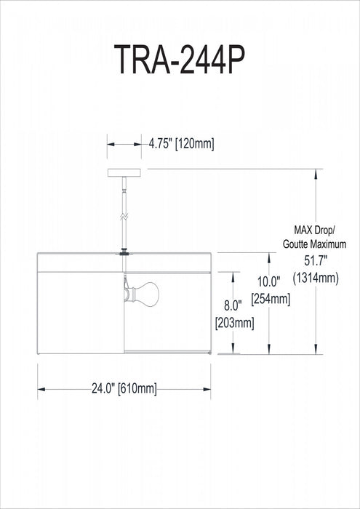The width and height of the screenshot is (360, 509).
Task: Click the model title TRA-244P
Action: pos(180,62)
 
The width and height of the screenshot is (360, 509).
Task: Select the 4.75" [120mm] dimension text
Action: pos(181,143)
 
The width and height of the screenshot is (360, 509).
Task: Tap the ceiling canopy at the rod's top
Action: pos(124,172)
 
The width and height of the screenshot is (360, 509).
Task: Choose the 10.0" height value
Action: pos(271,281)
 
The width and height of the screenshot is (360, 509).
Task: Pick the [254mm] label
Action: pos(271,299)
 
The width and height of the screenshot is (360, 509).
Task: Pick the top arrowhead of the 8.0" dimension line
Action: pos(233,276)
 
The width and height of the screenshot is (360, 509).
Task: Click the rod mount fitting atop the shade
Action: pos(124,252)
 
